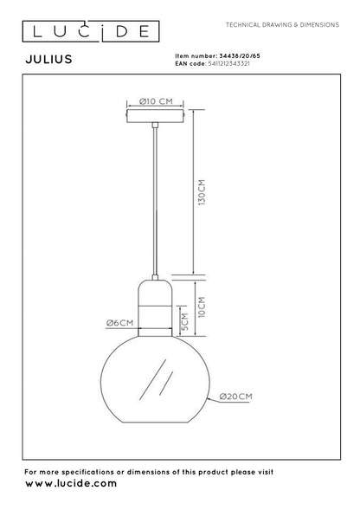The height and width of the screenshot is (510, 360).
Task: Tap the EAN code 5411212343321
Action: coord(234,63)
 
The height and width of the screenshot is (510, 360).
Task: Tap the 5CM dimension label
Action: coord(184,324)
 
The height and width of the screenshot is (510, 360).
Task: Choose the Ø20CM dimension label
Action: coord(235,396)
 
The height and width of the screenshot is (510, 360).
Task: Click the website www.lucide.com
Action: coord(71,483)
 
